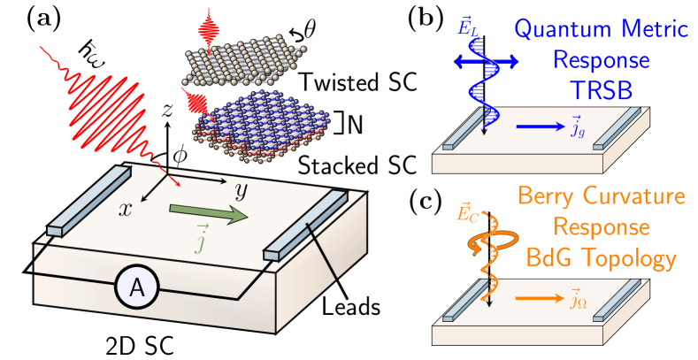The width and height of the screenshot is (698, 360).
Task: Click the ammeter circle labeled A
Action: pyautogui.click(x=137, y=287)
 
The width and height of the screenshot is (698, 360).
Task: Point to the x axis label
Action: pyautogui.click(x=126, y=209)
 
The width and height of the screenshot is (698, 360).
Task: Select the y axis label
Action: pyautogui.click(x=240, y=191)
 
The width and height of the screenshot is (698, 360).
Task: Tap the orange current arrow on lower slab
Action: pyautogui.click(x=541, y=299)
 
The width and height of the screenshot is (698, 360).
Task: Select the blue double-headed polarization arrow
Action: pyautogui.click(x=486, y=60)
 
